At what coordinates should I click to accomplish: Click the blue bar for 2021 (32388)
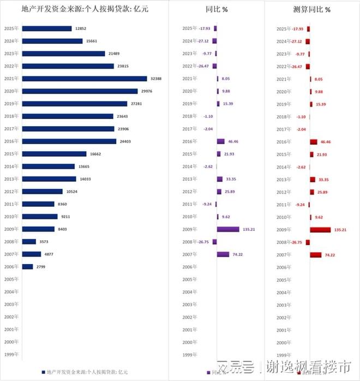pyautogui.click(x=85, y=79)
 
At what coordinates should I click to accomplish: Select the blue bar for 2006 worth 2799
pyautogui.click(x=27, y=266)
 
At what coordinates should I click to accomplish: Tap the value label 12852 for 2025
pyautogui.click(x=81, y=28)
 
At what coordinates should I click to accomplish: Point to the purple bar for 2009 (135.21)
pyautogui.click(x=227, y=229)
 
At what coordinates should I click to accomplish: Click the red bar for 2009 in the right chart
pyautogui.click(x=320, y=229)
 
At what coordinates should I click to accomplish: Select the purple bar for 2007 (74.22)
pyautogui.click(x=223, y=254)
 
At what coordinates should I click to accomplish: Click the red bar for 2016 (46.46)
pyautogui.click(x=313, y=141)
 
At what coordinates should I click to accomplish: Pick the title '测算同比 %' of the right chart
pyautogui.click(x=311, y=9)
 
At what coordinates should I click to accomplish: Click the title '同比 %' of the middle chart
pyautogui.click(x=217, y=9)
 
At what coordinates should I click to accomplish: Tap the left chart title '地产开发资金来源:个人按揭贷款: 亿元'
pyautogui.click(x=84, y=9)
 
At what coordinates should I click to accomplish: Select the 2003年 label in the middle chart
pyautogui.click(x=190, y=304)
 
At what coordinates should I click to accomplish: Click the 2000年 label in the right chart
pyautogui.click(x=284, y=342)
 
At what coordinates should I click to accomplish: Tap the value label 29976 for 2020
pyautogui.click(x=147, y=91)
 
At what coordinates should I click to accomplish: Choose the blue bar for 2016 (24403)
pyautogui.click(x=69, y=141)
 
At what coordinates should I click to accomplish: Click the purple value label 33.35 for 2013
pyautogui.click(x=232, y=179)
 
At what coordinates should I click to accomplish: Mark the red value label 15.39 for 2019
pyautogui.click(x=323, y=104)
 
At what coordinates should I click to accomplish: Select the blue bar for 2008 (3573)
pyautogui.click(x=29, y=241)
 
